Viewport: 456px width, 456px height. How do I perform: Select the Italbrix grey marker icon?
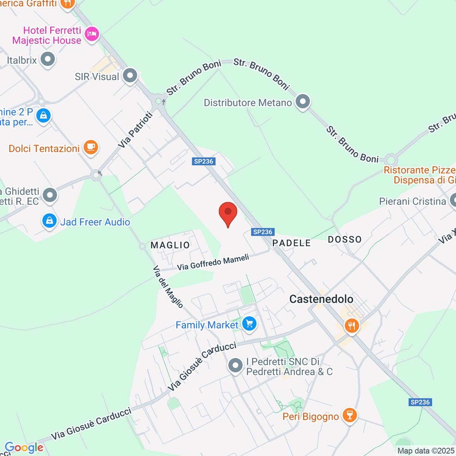point(48,60)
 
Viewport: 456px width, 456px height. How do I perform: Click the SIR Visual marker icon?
point(130,76)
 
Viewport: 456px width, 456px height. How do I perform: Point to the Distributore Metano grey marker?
point(303,102)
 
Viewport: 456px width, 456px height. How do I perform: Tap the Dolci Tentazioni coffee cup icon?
point(90,147)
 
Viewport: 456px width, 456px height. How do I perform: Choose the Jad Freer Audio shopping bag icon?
point(49,221)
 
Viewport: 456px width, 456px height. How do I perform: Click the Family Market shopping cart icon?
point(249,325)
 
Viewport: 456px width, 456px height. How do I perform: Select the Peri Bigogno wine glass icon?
point(349,415)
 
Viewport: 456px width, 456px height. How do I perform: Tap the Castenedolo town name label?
point(321,299)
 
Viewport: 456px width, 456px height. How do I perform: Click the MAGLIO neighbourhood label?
point(170,245)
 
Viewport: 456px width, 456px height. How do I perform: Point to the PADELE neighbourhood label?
point(291,243)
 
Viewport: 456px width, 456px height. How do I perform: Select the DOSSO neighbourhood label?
point(345,239)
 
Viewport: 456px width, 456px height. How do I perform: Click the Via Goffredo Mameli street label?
point(213,263)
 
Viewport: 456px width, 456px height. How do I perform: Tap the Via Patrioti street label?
point(135,130)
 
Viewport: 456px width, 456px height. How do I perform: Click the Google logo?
point(24,448)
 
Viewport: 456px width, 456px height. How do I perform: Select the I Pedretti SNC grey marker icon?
point(235,366)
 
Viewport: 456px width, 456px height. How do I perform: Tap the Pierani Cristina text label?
point(412,201)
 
